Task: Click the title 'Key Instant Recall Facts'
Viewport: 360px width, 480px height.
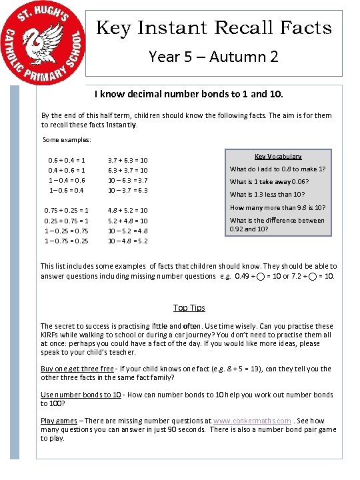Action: click(214, 27)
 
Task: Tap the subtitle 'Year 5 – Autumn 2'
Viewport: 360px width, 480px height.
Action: click(214, 57)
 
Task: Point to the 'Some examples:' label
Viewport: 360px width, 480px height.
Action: click(67, 140)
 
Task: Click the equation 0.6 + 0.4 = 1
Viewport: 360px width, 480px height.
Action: click(66, 160)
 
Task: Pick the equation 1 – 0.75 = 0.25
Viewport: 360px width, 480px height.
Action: click(66, 241)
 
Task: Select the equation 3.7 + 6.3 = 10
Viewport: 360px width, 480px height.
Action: click(127, 160)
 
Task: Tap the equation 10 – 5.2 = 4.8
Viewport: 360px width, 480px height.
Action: click(127, 231)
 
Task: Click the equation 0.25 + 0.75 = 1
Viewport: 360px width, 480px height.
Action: click(66, 221)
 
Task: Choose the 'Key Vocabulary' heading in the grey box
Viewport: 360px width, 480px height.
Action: click(278, 156)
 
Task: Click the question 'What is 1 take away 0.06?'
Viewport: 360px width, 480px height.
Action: click(269, 181)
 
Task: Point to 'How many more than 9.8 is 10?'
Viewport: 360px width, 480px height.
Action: click(277, 207)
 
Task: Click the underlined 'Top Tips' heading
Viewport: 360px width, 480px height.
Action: click(189, 307)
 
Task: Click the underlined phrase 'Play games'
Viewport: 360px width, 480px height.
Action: click(58, 421)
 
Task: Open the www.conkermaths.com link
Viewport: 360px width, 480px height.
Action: click(252, 421)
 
